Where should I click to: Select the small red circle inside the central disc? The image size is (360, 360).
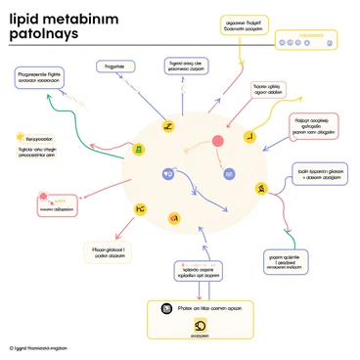coord(218,142)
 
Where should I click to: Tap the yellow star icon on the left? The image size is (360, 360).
coord(19,137)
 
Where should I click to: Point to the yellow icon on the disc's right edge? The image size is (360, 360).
coord(261,188)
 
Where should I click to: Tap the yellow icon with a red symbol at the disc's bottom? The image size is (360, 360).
coord(174,217)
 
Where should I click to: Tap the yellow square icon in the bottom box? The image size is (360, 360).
coord(201,325)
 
